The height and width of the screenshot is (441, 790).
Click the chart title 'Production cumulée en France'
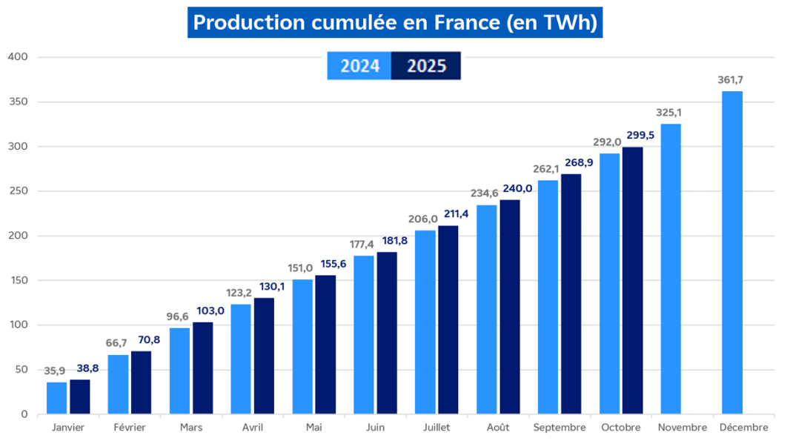point(394,23)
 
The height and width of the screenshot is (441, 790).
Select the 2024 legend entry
point(359,66)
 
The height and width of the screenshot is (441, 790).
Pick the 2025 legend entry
point(426,66)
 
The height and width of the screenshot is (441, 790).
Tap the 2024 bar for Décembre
point(731,252)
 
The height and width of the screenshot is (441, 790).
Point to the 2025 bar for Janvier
point(80,397)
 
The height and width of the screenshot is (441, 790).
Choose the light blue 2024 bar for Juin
point(364,334)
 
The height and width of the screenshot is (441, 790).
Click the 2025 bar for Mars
point(202,368)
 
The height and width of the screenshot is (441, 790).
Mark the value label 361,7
point(730,80)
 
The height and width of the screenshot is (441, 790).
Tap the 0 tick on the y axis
point(24,414)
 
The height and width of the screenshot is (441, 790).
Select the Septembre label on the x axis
point(560,428)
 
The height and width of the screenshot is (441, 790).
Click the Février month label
point(130,428)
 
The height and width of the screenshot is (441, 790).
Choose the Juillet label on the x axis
point(437,428)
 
